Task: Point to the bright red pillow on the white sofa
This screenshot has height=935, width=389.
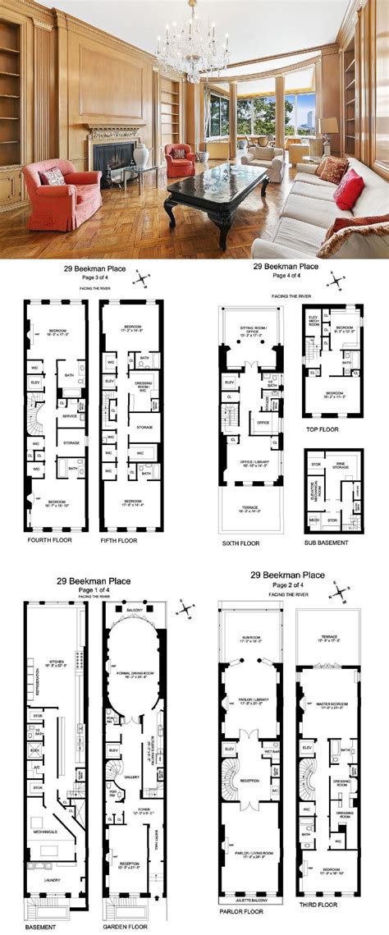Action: pos(349,190)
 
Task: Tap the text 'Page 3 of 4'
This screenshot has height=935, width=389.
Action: pos(89,277)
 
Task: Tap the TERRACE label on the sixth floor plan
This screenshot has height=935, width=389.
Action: pos(248,508)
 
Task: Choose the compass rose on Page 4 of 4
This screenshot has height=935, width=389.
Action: pos(336,281)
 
